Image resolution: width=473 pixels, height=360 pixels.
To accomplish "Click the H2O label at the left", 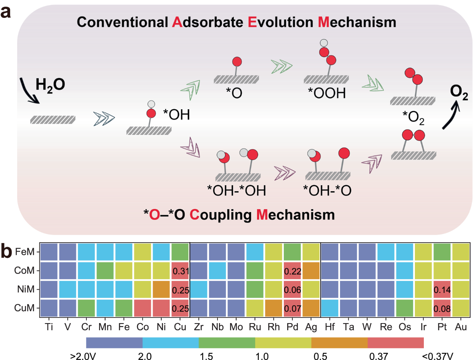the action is [50, 85].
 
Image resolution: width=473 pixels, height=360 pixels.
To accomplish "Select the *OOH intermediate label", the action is [327, 93].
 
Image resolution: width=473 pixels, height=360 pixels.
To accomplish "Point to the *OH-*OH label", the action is [236, 190].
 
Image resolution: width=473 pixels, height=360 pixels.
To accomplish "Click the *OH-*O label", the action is [327, 190].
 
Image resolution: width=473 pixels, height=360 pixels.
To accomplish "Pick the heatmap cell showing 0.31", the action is [180, 271].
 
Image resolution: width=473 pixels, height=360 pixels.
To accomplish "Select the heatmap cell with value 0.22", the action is [292, 271].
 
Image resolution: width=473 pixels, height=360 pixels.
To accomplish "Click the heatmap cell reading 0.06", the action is [292, 289].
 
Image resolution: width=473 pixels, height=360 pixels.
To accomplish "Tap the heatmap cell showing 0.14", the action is [442, 289].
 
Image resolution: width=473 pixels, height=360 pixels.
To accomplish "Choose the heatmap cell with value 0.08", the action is [442, 308].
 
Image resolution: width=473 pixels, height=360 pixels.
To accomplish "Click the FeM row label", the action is [25, 252].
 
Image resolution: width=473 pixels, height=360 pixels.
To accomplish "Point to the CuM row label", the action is [24, 308].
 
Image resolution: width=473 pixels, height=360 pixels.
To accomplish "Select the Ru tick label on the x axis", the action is [255, 327].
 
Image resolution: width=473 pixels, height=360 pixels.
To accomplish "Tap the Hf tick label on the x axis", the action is [330, 327].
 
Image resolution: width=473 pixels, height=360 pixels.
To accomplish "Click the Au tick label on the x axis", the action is [461, 327].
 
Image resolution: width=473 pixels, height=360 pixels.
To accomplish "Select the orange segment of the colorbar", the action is [339, 343].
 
